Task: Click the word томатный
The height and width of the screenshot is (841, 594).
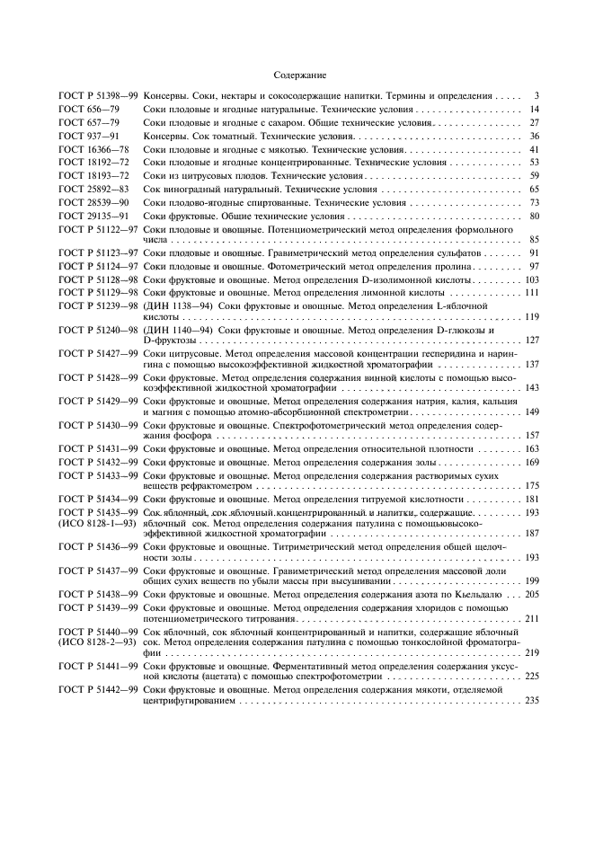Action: click(219, 136)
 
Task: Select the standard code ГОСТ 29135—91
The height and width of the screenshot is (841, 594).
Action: click(87, 217)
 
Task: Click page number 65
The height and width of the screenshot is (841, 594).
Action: click(533, 190)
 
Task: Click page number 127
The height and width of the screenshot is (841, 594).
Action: click(531, 341)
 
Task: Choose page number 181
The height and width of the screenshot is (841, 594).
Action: click(531, 499)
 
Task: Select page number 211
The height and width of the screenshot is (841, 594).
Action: click(531, 619)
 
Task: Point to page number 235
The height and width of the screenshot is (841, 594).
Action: click(531, 700)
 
